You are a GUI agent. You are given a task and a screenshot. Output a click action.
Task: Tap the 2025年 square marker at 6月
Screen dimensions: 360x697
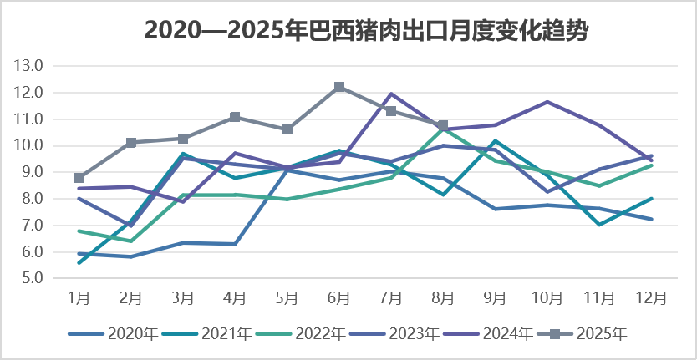coord(339,87)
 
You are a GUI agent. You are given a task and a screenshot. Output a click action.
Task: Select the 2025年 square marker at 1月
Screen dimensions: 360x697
coord(79,178)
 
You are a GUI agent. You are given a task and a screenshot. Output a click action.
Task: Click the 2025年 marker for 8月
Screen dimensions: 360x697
coord(443,125)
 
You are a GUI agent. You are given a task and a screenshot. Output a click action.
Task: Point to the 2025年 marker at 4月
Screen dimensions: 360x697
coord(235,117)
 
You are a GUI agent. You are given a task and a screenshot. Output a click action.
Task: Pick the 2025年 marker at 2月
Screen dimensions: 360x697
coord(131,143)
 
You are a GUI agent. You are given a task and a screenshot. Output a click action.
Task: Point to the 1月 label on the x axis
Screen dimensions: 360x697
coord(79,297)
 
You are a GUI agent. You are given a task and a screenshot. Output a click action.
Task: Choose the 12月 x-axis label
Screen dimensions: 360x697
coord(650,297)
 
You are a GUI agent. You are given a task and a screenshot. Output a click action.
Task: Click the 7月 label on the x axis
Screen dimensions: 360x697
coord(391,297)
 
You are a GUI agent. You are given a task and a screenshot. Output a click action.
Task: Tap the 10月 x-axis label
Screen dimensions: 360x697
coord(547,297)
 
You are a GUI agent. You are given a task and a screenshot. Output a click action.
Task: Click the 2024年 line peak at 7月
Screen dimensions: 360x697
coord(391,94)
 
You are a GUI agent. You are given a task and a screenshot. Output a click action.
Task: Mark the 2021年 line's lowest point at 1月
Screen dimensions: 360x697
coord(79,263)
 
